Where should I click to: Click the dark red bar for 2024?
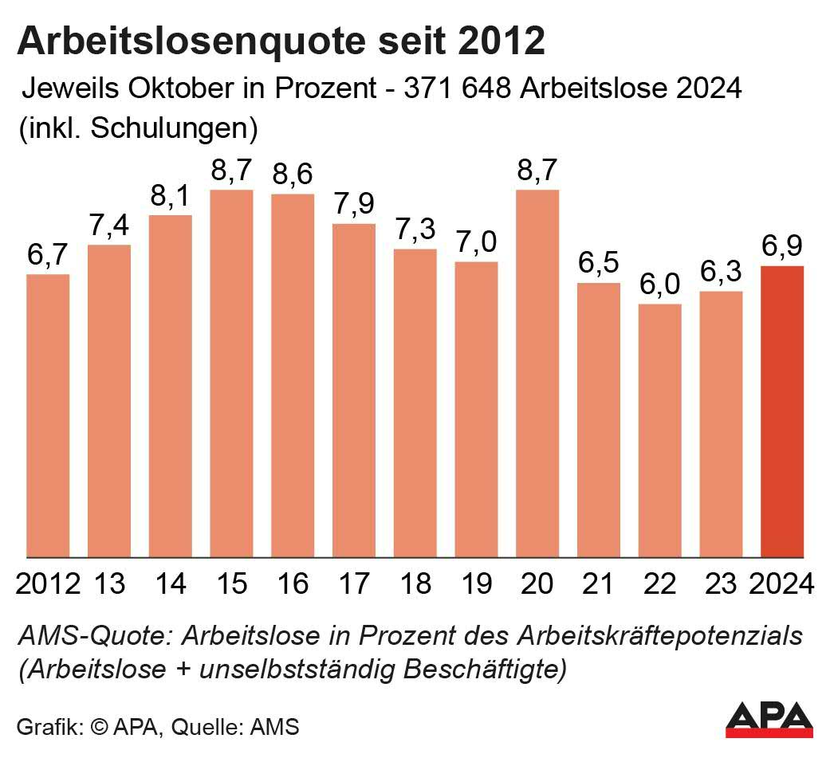coord(782,411)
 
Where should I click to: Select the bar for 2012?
coord(48,415)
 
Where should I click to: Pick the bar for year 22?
coord(660,430)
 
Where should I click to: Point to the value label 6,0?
coord(660,285)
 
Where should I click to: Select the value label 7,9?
coord(354,205)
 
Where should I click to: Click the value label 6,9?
coord(783,246)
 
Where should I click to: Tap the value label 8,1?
coord(171,196)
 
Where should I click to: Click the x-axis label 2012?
coord(48,584)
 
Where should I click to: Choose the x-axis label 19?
coord(476,584)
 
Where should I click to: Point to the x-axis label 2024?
coord(782,584)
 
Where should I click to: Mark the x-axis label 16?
coord(293,584)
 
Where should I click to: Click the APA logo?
coord(769,718)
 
